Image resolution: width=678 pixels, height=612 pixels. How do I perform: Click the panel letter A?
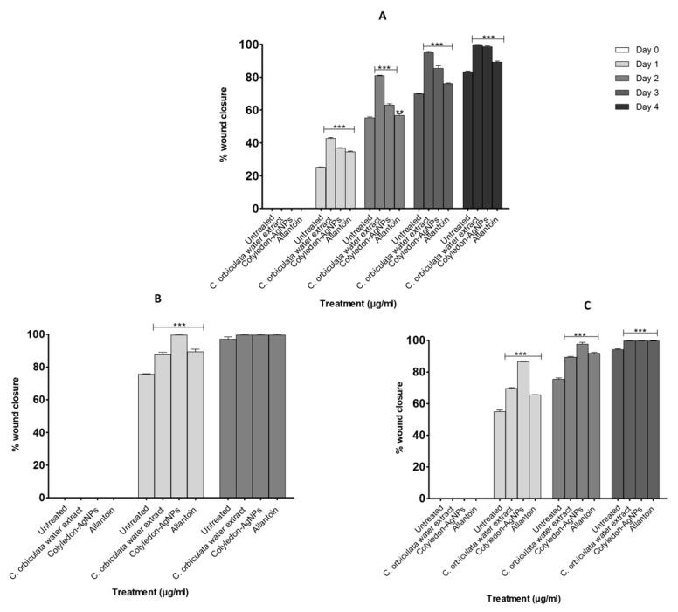point(382,16)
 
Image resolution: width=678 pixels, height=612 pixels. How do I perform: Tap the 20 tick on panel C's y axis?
point(425,466)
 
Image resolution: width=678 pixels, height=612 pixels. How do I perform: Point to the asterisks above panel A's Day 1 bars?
point(339,127)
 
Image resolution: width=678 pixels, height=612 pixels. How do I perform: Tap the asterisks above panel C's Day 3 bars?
point(640,330)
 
